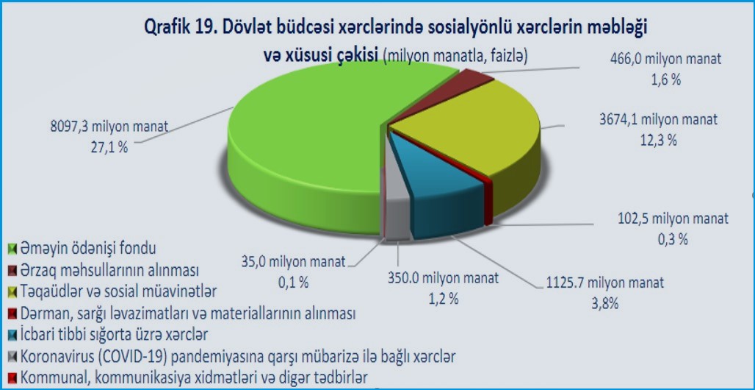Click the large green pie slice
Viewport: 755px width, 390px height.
point(308,145)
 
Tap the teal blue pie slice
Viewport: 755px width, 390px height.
point(443,193)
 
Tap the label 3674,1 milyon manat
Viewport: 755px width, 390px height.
point(659,119)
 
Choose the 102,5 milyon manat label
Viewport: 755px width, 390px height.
point(673,218)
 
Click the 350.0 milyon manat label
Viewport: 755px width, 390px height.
point(443,278)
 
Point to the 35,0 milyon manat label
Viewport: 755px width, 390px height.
point(293,262)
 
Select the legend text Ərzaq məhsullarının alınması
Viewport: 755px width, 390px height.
point(109,271)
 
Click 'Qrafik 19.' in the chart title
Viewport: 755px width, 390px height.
point(178,27)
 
